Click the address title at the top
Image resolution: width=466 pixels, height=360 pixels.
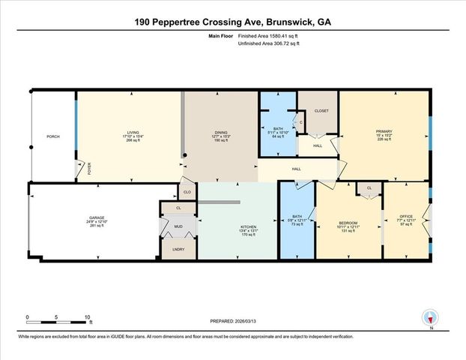[232, 22]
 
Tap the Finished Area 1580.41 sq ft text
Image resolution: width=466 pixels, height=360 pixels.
[267, 36]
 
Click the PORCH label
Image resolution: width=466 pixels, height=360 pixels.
[52, 136]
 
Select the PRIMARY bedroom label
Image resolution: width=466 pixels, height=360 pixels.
[384, 132]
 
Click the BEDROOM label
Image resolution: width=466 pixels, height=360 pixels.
[348, 223]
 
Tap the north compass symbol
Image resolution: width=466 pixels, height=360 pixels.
[429, 318]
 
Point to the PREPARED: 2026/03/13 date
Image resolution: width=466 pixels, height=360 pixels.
[232, 321]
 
